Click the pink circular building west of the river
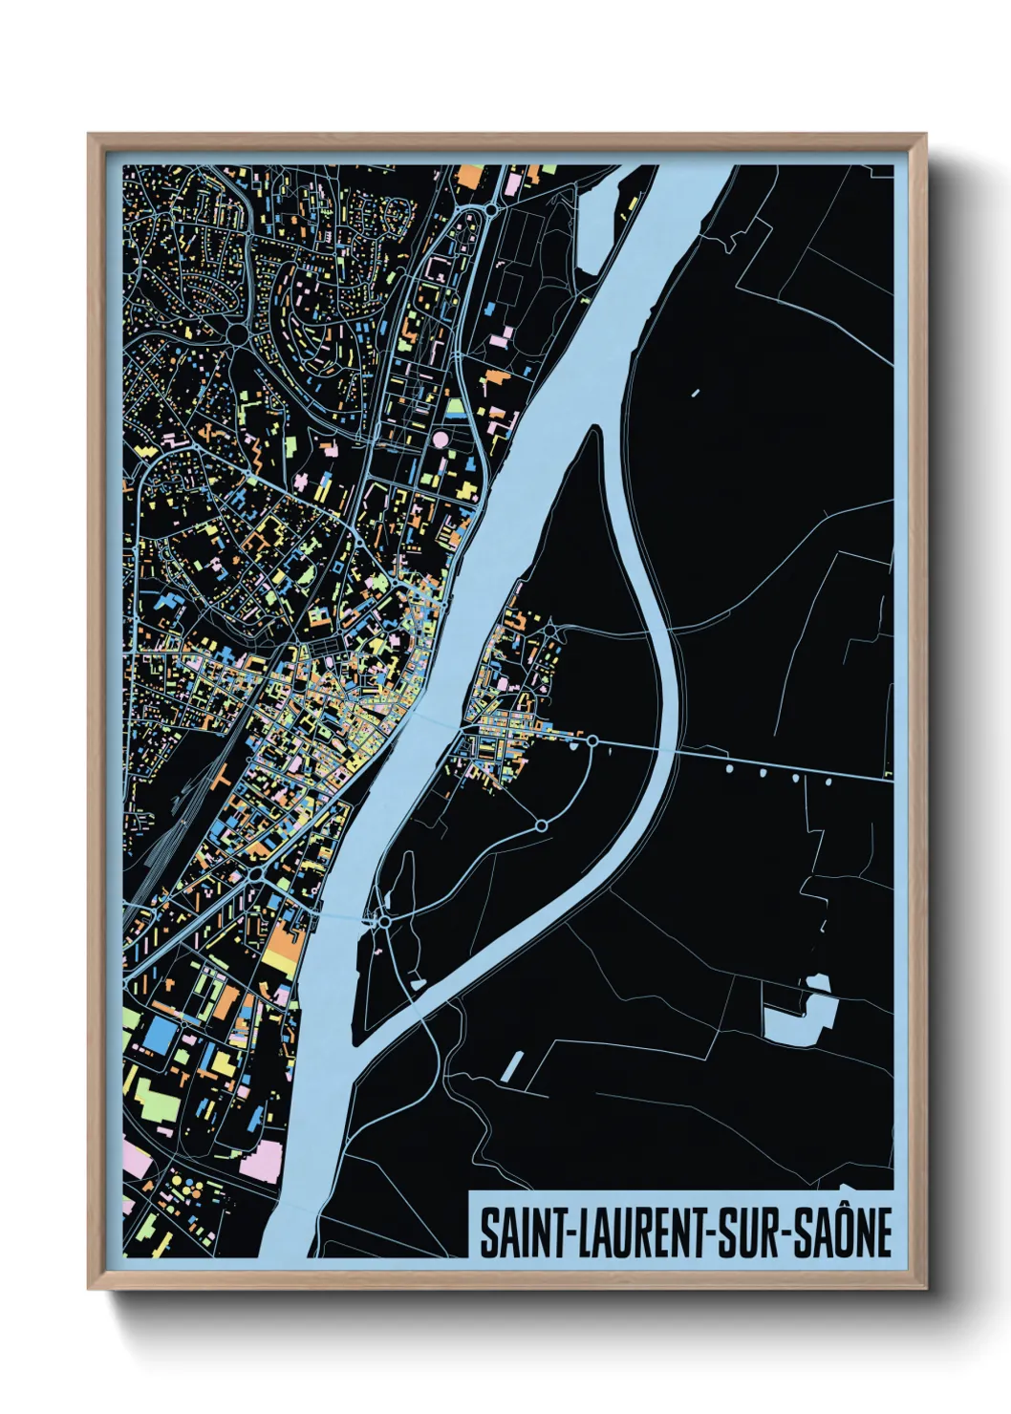(441, 439)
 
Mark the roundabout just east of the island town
(592, 740)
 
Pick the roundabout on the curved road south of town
(541, 825)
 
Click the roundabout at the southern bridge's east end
(383, 923)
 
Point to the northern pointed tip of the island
(595, 430)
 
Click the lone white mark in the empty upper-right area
(694, 392)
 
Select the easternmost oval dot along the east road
(828, 782)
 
